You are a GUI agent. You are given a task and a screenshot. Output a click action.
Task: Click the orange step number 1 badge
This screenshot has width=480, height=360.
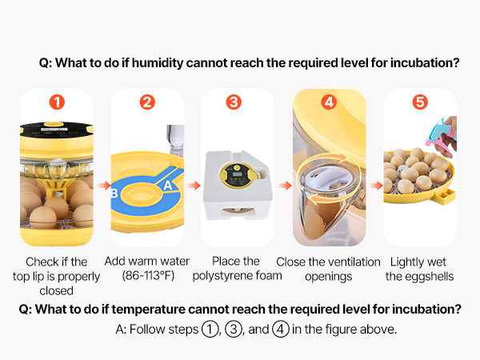click(57, 102)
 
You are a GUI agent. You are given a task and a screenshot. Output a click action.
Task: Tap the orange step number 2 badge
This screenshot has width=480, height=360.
click(147, 102)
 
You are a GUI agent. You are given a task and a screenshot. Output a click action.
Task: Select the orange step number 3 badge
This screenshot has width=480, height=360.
click(234, 102)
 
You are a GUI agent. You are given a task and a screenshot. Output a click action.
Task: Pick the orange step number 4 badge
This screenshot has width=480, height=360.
click(329, 102)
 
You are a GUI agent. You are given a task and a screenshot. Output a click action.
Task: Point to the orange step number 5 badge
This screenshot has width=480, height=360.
click(420, 102)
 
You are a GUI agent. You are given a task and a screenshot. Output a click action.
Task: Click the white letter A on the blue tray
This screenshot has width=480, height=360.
click(168, 186)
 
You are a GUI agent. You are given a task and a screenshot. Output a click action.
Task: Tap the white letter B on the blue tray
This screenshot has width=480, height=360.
click(114, 193)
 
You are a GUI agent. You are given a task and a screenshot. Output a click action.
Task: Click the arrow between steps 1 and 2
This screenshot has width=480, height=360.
click(104, 186)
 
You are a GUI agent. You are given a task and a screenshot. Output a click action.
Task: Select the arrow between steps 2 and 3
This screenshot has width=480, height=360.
click(194, 186)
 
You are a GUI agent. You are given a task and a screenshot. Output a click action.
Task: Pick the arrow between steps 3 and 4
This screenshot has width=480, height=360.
click(285, 186)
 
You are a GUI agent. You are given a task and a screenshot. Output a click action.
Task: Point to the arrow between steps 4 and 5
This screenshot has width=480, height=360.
click(376, 186)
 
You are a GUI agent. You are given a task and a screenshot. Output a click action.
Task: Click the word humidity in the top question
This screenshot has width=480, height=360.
click(158, 63)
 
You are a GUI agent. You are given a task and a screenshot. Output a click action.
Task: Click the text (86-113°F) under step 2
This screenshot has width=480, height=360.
click(148, 276)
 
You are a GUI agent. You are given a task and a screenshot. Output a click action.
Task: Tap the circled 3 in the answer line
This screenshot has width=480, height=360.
click(234, 330)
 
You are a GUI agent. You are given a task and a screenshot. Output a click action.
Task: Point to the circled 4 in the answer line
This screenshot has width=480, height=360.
click(281, 330)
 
